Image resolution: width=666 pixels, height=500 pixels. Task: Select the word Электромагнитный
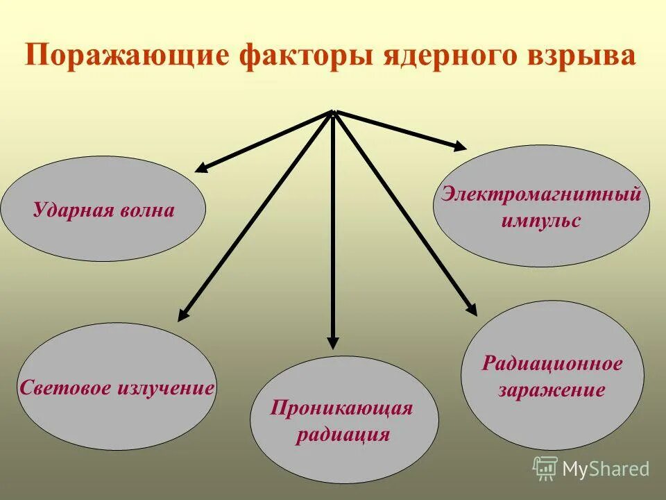click(x=541, y=194)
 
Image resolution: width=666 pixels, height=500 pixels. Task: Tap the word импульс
click(x=541, y=222)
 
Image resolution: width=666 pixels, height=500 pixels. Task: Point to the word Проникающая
click(x=342, y=408)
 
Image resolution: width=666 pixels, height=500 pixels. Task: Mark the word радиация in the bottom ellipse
click(x=343, y=435)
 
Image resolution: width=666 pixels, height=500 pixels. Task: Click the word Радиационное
click(x=552, y=362)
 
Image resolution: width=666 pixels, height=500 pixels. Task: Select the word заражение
click(x=552, y=390)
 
